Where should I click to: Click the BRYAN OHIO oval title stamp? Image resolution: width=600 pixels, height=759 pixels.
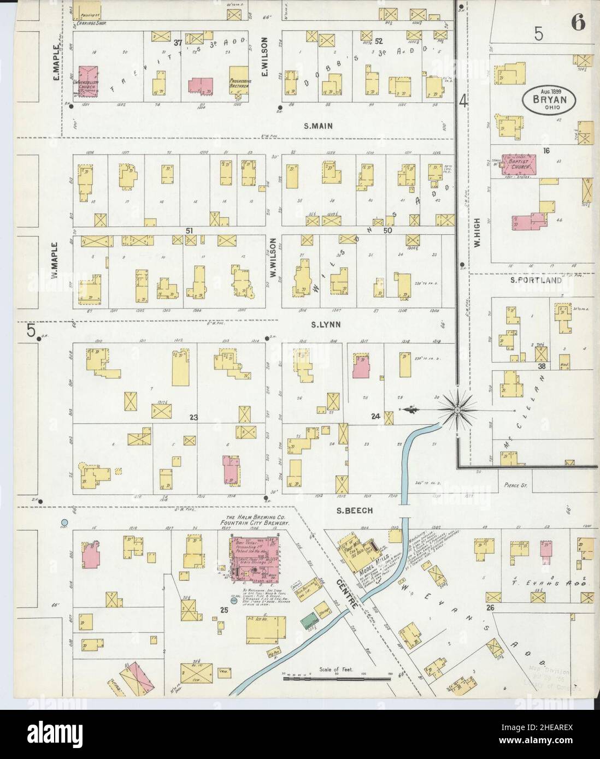pyautogui.click(x=549, y=100)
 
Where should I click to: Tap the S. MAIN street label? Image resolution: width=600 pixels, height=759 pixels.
pyautogui.click(x=318, y=126)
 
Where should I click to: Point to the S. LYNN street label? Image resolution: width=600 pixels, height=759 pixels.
pyautogui.click(x=326, y=324)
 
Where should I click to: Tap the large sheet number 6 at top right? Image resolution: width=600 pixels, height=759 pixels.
pyautogui.click(x=578, y=23)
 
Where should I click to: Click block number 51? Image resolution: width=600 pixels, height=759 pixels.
pyautogui.click(x=190, y=231)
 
